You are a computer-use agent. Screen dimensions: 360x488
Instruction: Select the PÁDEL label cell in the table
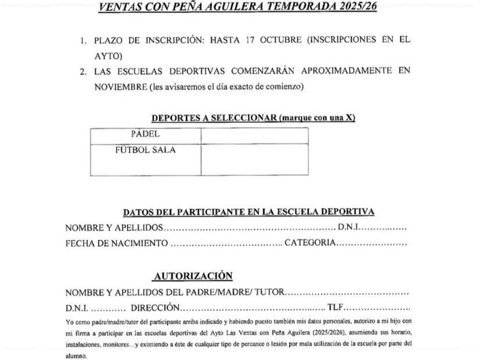(x=146, y=134)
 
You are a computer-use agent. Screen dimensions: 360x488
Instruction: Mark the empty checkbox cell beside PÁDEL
(x=254, y=135)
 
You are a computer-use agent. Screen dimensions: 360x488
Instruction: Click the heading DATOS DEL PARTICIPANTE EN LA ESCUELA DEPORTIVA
(x=249, y=212)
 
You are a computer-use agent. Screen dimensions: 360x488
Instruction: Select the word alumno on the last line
(x=76, y=355)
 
